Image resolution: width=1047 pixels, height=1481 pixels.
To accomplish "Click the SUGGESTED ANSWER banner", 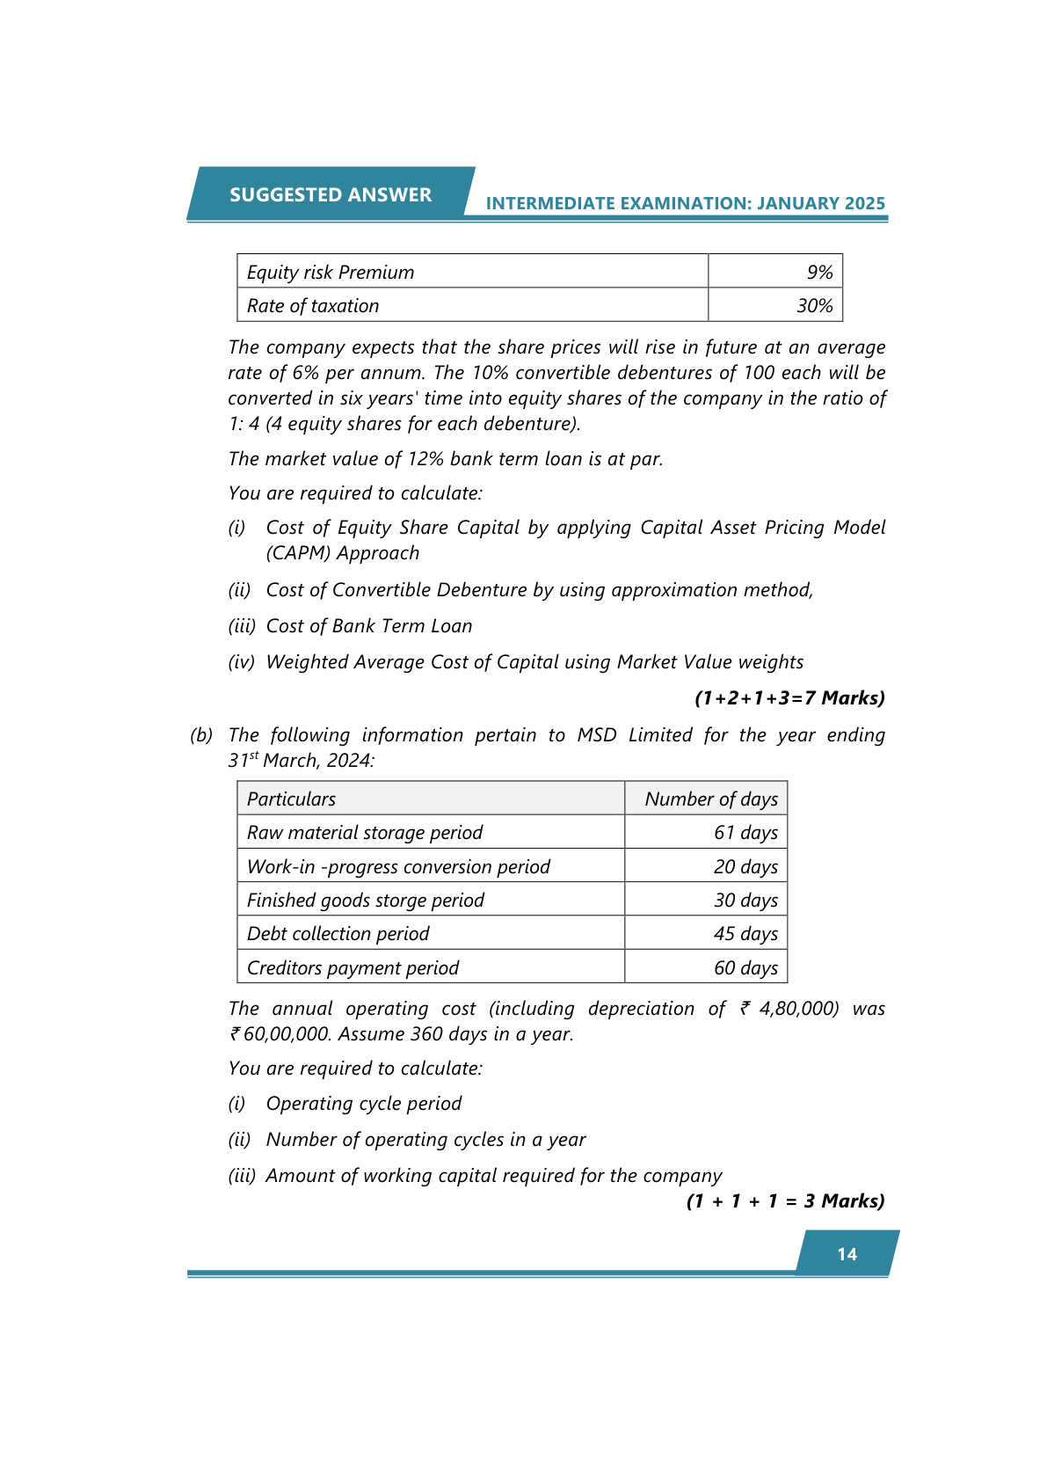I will click(331, 194).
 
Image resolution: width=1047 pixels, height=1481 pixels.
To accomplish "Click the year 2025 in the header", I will click(864, 203).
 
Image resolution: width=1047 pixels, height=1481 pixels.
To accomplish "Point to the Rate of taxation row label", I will click(313, 306).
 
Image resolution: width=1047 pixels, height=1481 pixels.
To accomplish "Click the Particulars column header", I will click(291, 799).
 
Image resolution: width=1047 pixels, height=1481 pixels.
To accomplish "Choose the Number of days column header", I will click(710, 799).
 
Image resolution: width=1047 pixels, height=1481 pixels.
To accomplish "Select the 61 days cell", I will click(745, 832).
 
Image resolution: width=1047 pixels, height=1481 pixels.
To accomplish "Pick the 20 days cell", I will click(745, 866).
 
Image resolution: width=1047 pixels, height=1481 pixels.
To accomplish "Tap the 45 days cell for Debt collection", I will click(745, 933).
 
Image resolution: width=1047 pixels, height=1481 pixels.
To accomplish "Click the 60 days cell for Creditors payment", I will click(745, 967).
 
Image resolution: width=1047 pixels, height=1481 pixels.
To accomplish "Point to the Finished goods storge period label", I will click(365, 900).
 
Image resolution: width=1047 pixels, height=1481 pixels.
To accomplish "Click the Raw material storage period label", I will click(365, 832).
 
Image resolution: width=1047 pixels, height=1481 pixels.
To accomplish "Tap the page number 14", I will click(847, 1254).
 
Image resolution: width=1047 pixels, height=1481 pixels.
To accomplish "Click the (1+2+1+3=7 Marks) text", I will click(789, 698).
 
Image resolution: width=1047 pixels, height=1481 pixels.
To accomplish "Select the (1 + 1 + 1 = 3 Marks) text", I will click(785, 1201).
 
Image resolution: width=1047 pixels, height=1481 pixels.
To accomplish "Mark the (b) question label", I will click(201, 735).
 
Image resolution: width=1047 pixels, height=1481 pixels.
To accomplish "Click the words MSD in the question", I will click(596, 735).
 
